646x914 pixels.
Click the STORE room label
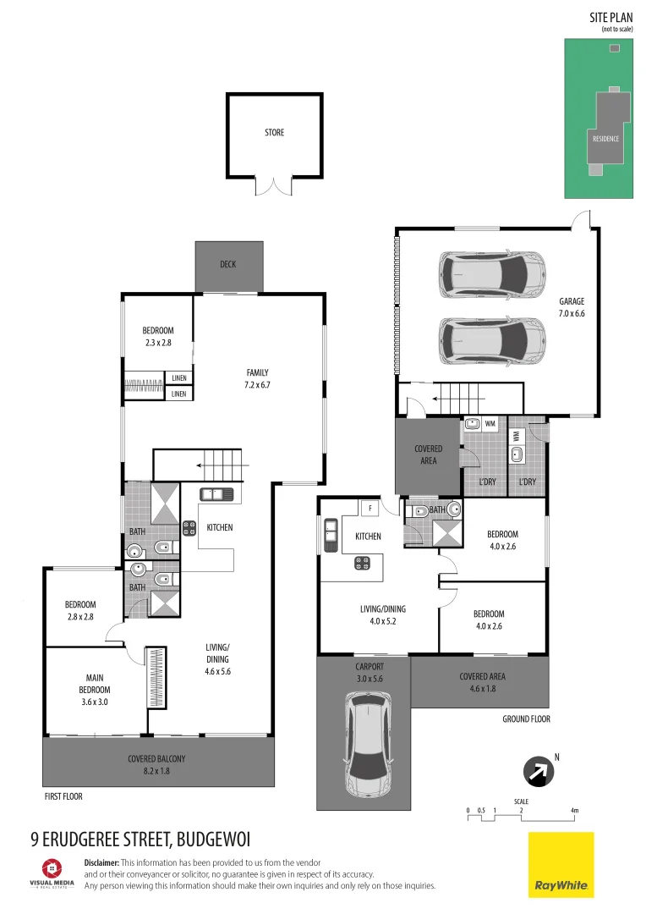click(274, 133)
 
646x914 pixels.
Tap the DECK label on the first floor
click(227, 265)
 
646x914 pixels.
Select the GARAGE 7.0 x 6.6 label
click(571, 307)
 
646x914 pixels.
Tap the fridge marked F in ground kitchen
click(370, 509)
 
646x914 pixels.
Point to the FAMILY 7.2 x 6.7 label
click(257, 378)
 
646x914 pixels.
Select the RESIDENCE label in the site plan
click(605, 139)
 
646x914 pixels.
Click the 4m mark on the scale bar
click(574, 812)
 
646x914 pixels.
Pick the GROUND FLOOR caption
click(525, 719)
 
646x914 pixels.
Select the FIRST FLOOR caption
click(63, 797)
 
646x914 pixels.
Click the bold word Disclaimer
click(102, 862)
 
